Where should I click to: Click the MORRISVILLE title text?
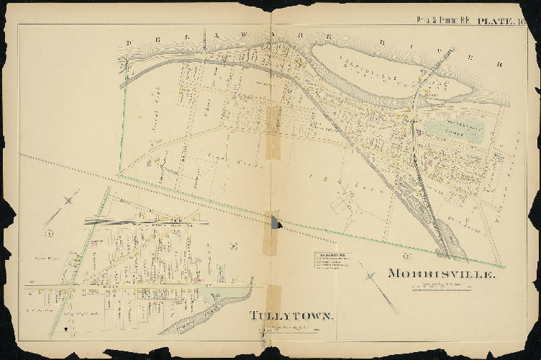point(441,274)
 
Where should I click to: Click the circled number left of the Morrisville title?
point(406,256)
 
